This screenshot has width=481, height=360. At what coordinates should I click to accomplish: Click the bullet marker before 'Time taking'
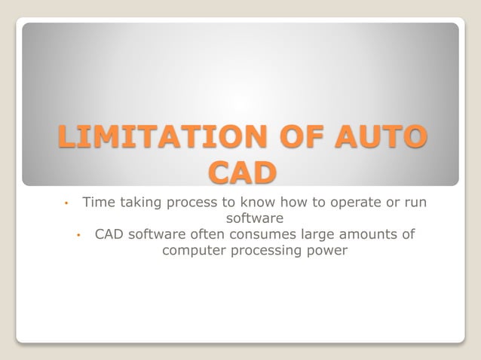(66, 203)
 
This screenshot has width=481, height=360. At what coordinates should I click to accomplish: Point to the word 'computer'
(194, 251)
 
